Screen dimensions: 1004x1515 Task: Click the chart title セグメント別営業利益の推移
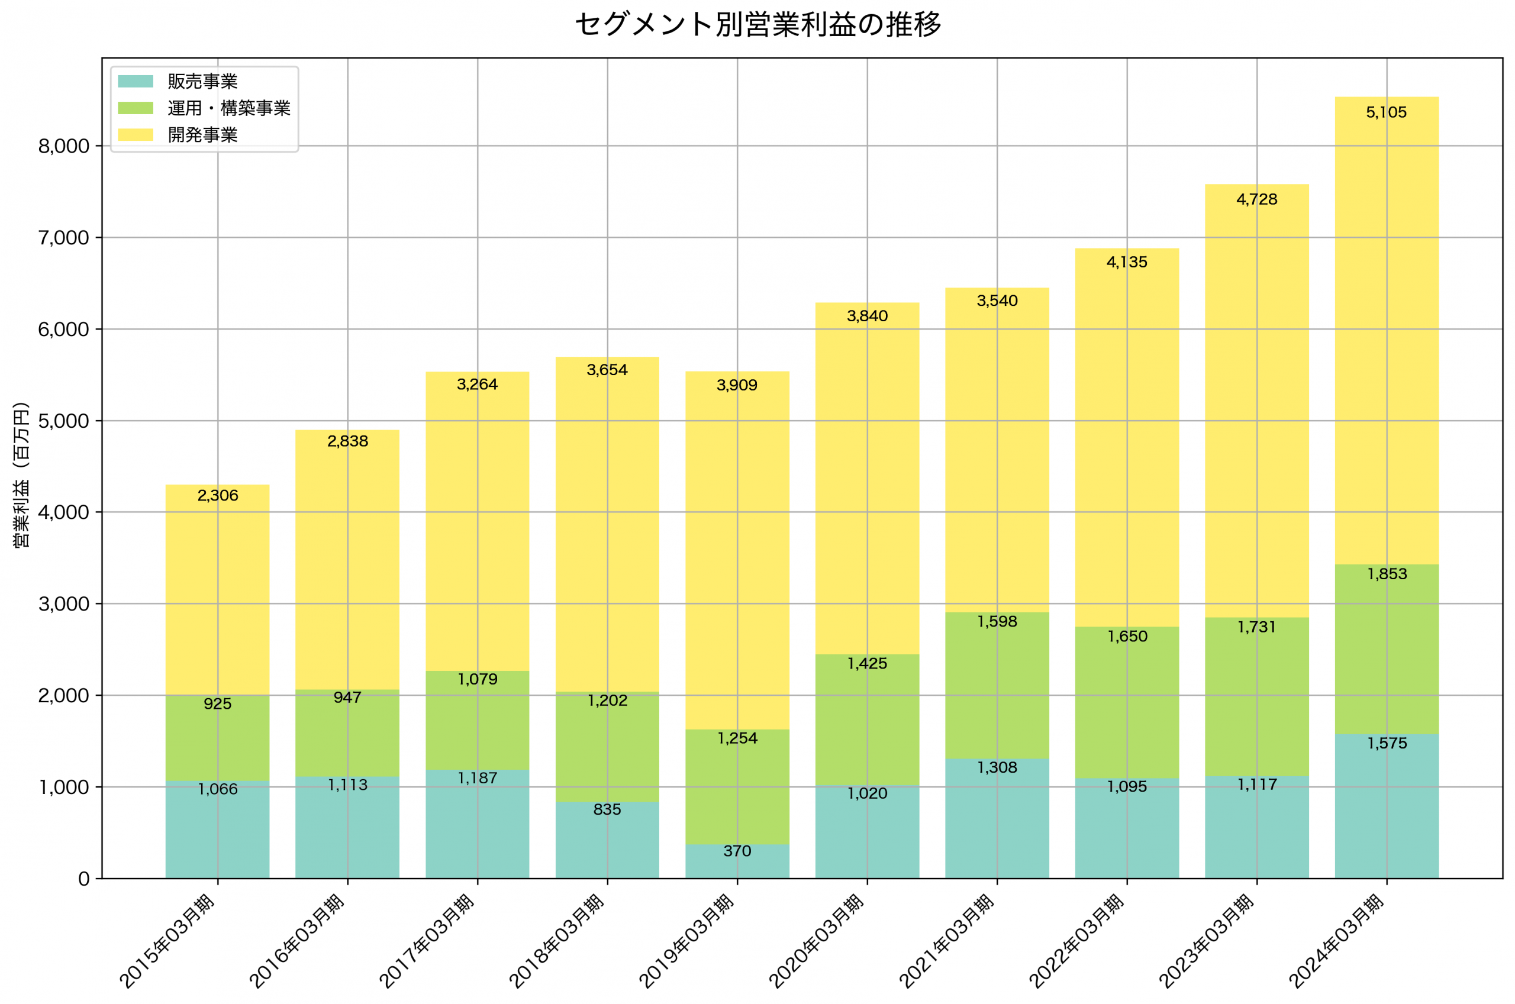(757, 25)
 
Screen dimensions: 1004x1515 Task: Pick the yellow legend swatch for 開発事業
(136, 134)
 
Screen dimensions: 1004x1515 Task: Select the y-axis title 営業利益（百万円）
(21, 474)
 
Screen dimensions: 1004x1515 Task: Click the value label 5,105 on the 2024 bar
(1387, 112)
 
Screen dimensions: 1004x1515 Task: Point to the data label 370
(737, 851)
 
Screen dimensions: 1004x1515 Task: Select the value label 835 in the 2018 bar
(607, 810)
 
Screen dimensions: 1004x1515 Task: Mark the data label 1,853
(1387, 574)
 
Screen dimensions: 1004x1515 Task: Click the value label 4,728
(1256, 200)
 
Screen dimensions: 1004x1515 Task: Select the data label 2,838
(348, 442)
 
